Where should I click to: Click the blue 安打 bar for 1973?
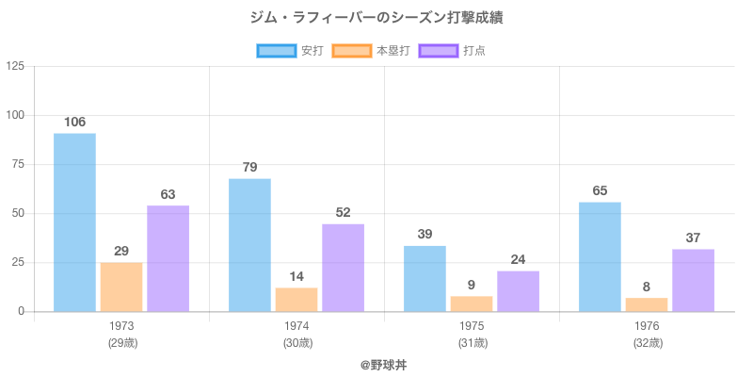pos(74,222)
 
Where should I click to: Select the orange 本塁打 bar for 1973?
pos(121,287)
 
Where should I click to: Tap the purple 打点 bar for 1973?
pos(168,258)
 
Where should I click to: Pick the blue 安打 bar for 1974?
pos(249,245)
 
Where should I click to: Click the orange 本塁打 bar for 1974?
pos(296,299)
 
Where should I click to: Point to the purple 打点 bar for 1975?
pos(518,291)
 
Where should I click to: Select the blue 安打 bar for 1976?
pos(600,256)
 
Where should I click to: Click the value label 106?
pos(74,122)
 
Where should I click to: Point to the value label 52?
pos(343,212)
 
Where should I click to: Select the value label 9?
pos(472,285)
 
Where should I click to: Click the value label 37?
pos(693,238)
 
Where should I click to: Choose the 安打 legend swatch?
pos(277,51)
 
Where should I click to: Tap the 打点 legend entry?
pos(457,51)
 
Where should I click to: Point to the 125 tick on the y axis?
pos(16,66)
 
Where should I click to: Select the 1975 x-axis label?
pos(472,326)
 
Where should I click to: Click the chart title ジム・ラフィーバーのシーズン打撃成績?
pos(376,18)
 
